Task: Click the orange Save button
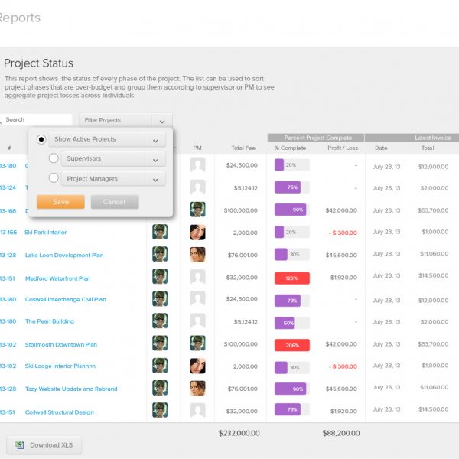click(60, 202)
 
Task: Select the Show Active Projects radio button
click(41, 139)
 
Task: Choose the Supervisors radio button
click(54, 158)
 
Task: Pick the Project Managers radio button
click(54, 178)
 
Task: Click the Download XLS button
click(44, 444)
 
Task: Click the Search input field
click(37, 120)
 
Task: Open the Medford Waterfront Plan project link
click(57, 278)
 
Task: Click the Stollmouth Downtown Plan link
click(60, 345)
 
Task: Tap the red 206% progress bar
click(291, 345)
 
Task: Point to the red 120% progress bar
click(291, 278)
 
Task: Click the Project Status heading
click(38, 63)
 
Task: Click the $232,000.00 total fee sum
click(239, 433)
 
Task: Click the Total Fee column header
click(243, 148)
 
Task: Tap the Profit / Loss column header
click(342, 148)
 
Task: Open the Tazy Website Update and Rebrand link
click(71, 389)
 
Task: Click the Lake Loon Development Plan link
click(64, 256)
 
